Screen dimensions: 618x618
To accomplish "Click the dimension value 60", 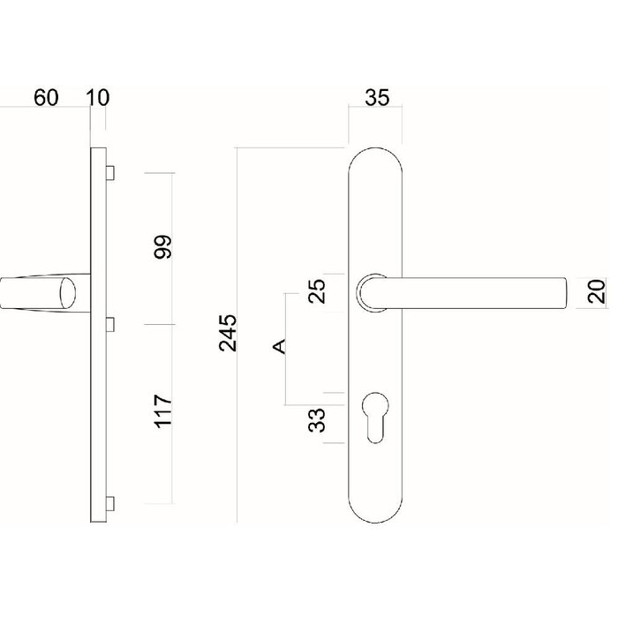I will coord(46,98).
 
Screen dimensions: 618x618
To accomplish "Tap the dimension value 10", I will coord(98,98).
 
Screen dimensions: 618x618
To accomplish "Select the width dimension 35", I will coord(377,99).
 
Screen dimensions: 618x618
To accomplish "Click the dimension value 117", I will coord(163,412).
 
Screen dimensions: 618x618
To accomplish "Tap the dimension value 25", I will coord(319,290).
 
